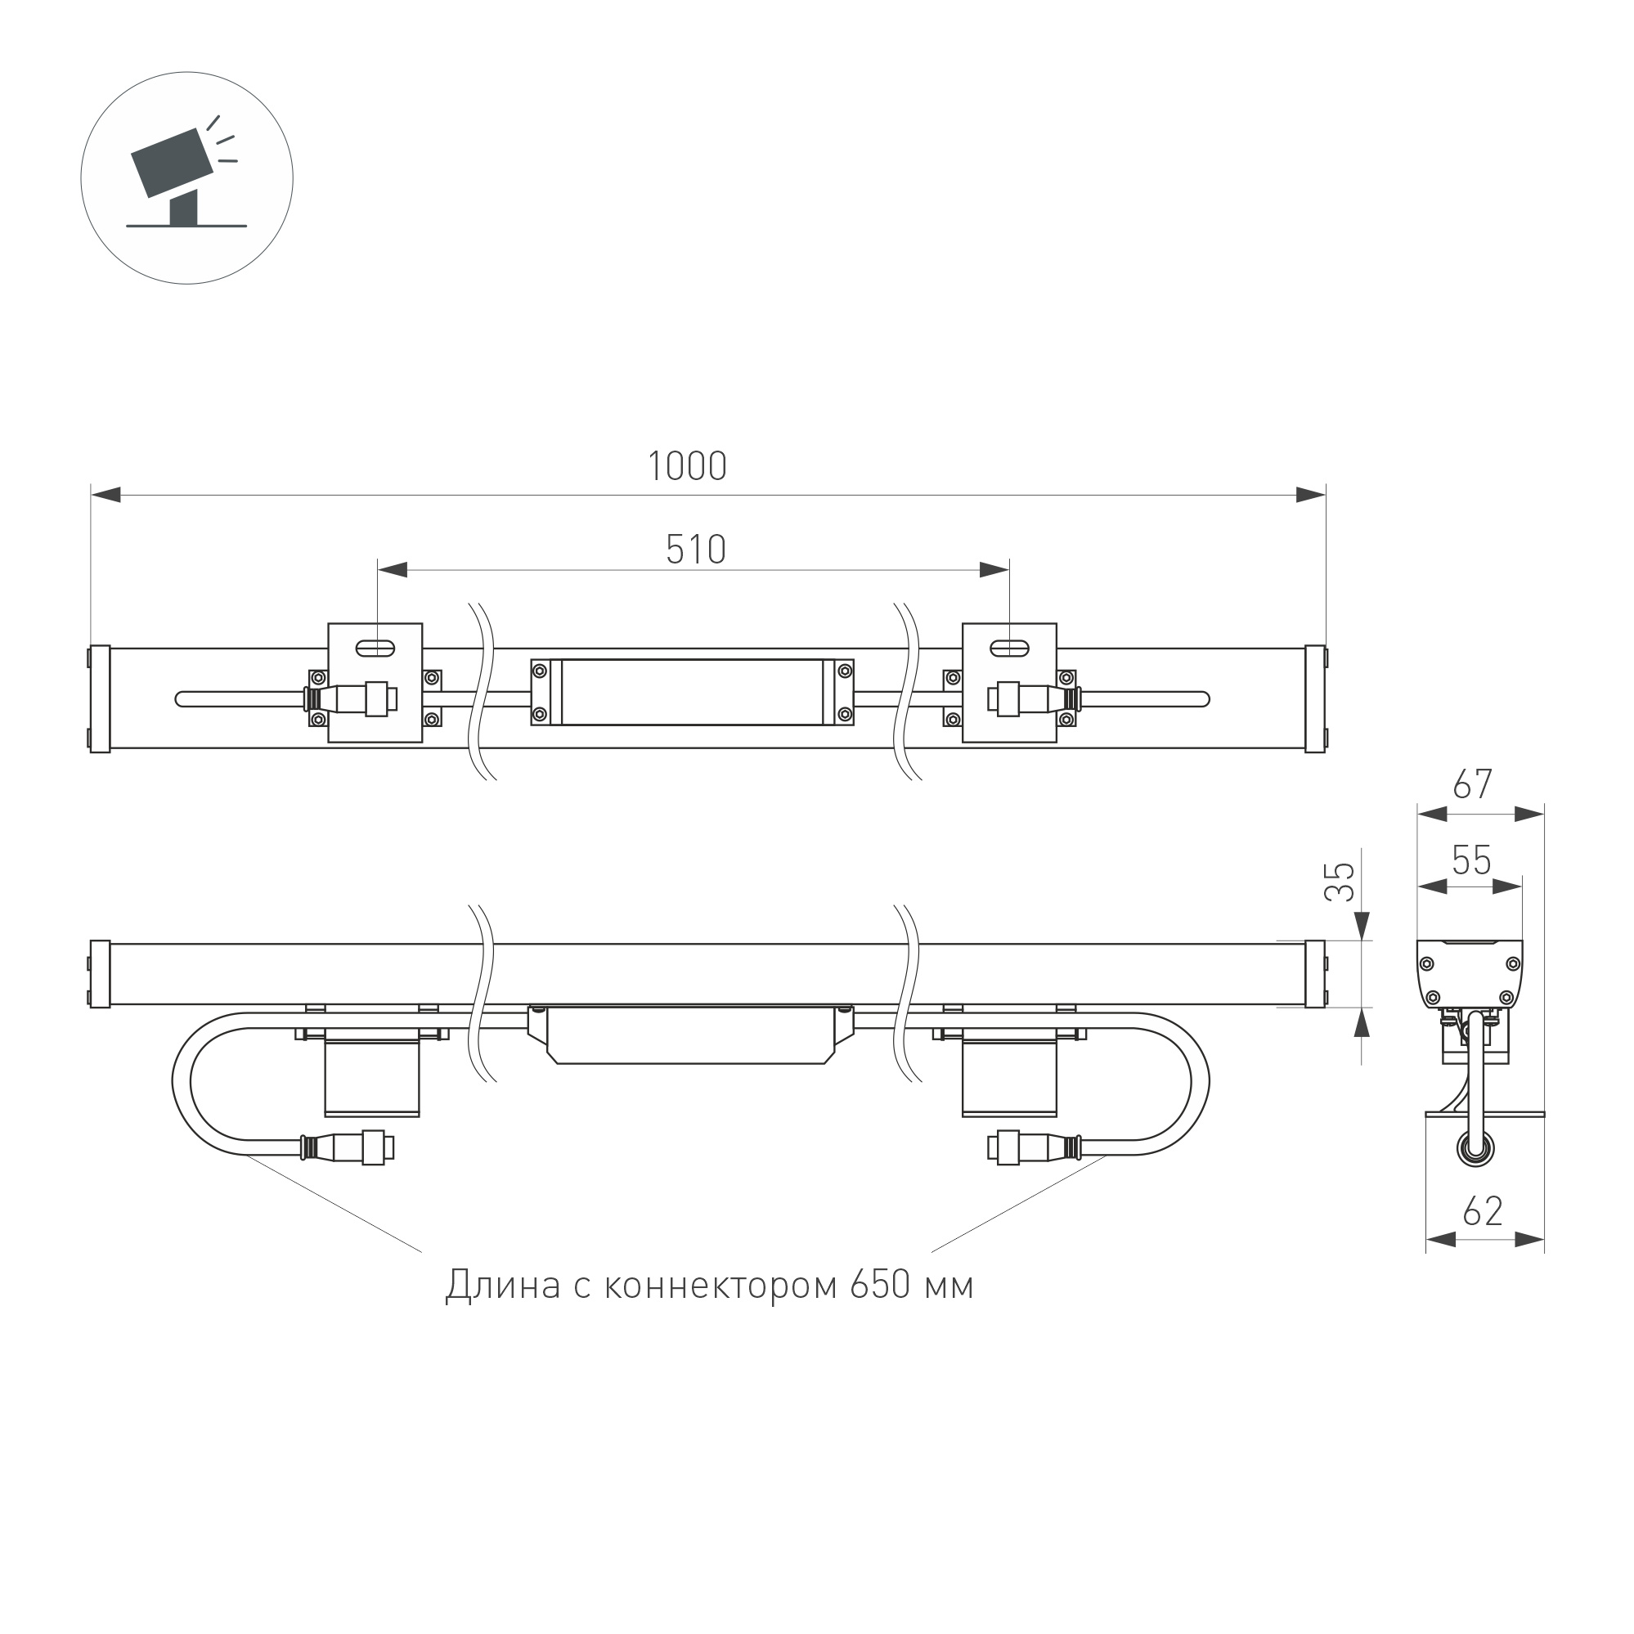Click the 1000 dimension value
[x=687, y=466]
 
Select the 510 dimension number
[x=695, y=550]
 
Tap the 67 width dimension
[x=1472, y=785]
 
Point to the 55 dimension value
[x=1471, y=861]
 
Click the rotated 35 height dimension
[x=1340, y=882]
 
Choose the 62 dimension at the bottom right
[x=1483, y=1211]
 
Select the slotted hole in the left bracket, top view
[x=375, y=649]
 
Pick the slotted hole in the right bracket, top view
[x=1009, y=649]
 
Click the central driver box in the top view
[x=692, y=692]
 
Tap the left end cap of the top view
[x=100, y=698]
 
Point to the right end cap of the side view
[x=1315, y=973]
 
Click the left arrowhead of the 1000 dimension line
[x=105, y=496]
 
